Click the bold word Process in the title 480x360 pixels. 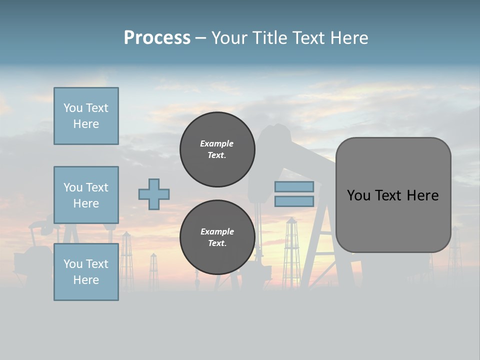click(x=157, y=38)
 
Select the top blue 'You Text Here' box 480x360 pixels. click(x=86, y=116)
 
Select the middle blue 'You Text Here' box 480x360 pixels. click(x=86, y=195)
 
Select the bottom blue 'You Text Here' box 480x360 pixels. click(x=86, y=272)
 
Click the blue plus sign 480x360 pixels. click(x=154, y=194)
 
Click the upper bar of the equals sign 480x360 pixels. click(x=294, y=187)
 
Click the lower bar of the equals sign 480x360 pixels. click(x=294, y=201)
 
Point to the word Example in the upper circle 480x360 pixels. click(x=217, y=144)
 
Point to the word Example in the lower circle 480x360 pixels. click(x=217, y=232)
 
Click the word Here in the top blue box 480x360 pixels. click(x=86, y=124)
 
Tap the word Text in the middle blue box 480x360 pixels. click(x=97, y=187)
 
